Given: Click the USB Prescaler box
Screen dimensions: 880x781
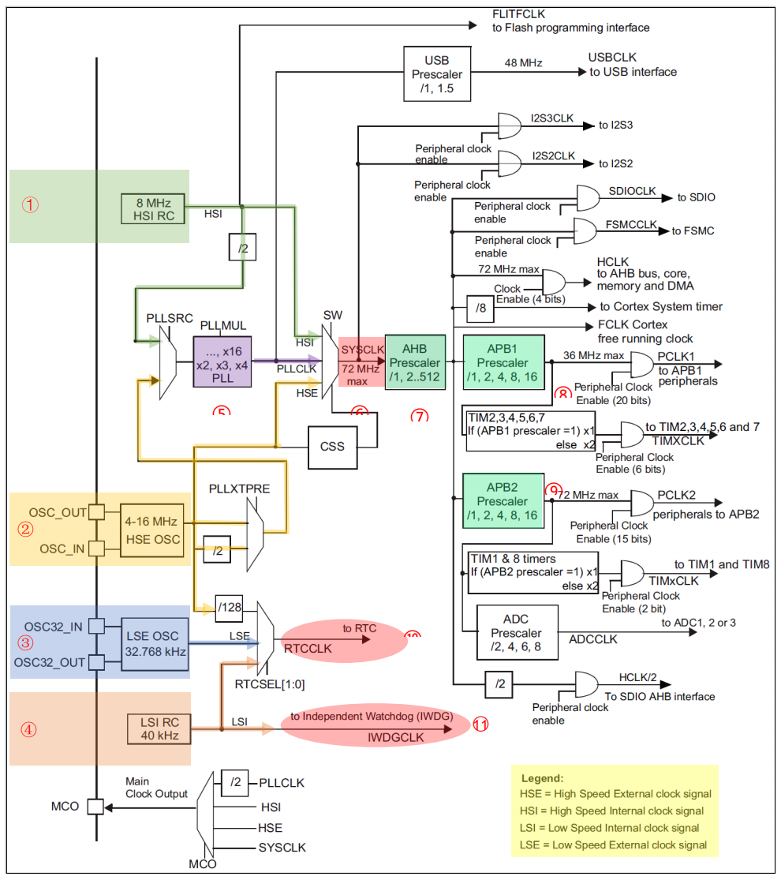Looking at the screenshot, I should (x=436, y=74).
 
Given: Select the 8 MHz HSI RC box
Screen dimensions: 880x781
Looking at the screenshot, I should (x=152, y=208).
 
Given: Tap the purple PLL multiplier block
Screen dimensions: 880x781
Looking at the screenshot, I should (x=223, y=361).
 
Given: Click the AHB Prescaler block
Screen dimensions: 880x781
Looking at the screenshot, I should (x=415, y=362).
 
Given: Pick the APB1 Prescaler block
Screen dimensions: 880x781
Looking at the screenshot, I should (x=503, y=362).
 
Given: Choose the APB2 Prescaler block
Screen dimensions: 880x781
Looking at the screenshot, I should (x=503, y=501).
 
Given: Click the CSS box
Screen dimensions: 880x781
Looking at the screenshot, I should (x=332, y=446).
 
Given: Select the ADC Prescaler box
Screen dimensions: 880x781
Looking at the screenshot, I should (x=518, y=633).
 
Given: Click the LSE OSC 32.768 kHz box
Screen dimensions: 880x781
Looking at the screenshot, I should (x=155, y=643).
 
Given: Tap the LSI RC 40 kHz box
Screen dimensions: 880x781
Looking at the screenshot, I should (x=160, y=728).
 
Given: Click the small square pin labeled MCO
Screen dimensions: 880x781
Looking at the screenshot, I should (x=95, y=807).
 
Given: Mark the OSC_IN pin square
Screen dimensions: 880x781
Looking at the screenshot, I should (x=96, y=549).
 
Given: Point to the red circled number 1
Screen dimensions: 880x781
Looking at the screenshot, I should (x=29, y=205).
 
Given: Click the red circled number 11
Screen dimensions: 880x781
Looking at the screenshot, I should (x=480, y=724).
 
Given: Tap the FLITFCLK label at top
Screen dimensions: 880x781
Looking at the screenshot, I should (x=518, y=14).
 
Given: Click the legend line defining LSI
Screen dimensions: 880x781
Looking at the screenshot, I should (x=609, y=828).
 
